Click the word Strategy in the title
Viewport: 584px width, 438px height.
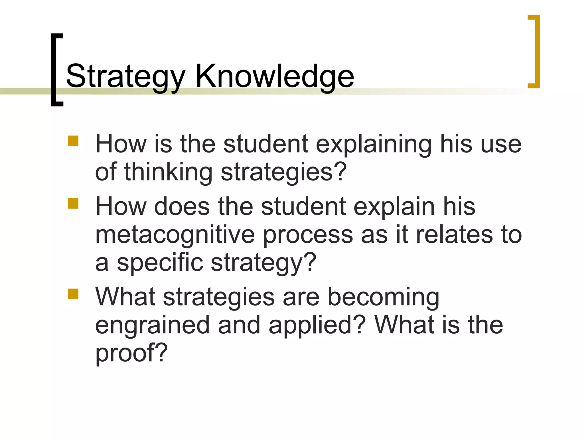tap(125, 76)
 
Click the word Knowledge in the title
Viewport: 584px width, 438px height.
tap(274, 76)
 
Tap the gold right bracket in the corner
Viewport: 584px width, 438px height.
tap(537, 51)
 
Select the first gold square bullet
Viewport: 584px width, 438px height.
tap(73, 141)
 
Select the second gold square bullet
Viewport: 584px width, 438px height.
tap(73, 204)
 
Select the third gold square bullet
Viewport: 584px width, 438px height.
tap(73, 294)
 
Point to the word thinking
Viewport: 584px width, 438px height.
tap(168, 173)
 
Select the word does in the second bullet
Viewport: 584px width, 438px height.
tap(182, 206)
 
